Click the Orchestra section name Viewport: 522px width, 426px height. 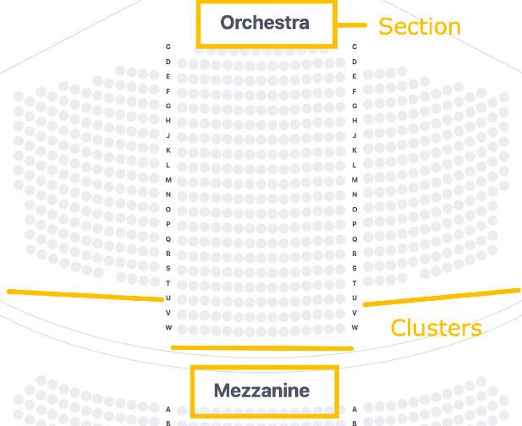tap(265, 23)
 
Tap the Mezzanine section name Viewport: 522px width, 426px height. tap(261, 390)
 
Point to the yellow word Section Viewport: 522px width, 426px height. tap(419, 27)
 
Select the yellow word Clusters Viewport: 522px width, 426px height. tap(436, 328)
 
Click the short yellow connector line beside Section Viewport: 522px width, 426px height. tap(350, 25)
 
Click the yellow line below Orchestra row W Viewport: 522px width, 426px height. tap(261, 347)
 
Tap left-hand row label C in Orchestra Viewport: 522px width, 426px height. tap(168, 47)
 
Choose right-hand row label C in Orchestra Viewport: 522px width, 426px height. tap(354, 47)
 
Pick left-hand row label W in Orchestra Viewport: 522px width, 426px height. tap(168, 327)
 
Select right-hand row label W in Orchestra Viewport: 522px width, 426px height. tap(354, 327)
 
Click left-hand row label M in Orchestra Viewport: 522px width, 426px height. tap(168, 180)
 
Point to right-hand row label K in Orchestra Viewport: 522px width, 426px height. tap(354, 150)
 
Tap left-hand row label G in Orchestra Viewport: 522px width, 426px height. tap(168, 106)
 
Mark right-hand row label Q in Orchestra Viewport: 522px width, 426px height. tap(354, 239)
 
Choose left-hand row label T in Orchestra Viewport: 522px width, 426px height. tap(168, 283)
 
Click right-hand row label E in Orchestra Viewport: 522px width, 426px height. tap(354, 77)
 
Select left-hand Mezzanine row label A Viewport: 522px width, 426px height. tap(168, 409)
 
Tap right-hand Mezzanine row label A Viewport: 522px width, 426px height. tap(354, 409)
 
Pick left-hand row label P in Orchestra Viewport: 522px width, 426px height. tap(168, 224)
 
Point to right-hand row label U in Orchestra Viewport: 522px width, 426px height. tap(354, 298)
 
